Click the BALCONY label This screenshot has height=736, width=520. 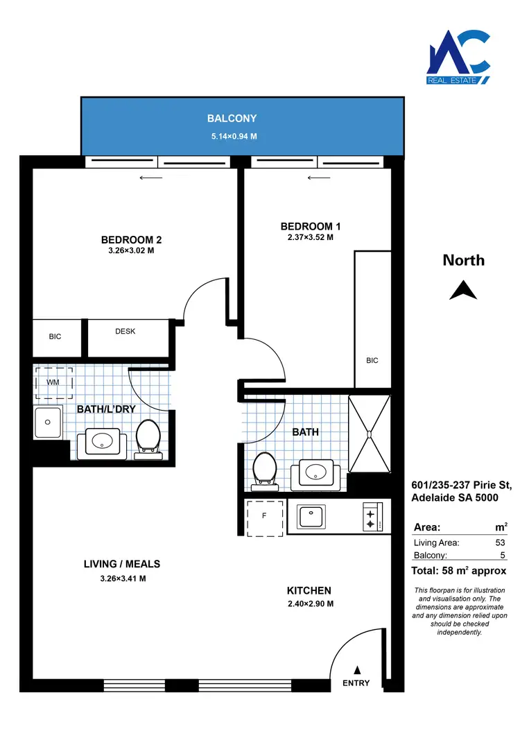(x=233, y=119)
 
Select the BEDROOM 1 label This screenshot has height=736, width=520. (x=311, y=226)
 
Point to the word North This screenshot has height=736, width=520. (x=464, y=261)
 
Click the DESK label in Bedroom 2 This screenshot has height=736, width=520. (x=125, y=332)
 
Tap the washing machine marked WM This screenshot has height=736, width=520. (x=53, y=382)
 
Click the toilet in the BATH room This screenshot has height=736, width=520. (x=265, y=469)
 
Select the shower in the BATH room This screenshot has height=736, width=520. (x=370, y=434)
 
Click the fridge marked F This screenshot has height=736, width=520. (x=264, y=516)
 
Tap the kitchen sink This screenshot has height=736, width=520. (x=316, y=516)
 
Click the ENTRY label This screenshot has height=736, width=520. (x=356, y=683)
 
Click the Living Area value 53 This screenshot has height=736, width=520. (x=500, y=543)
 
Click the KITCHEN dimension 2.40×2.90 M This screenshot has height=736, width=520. (x=309, y=604)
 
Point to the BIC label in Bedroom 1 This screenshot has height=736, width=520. (x=372, y=361)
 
